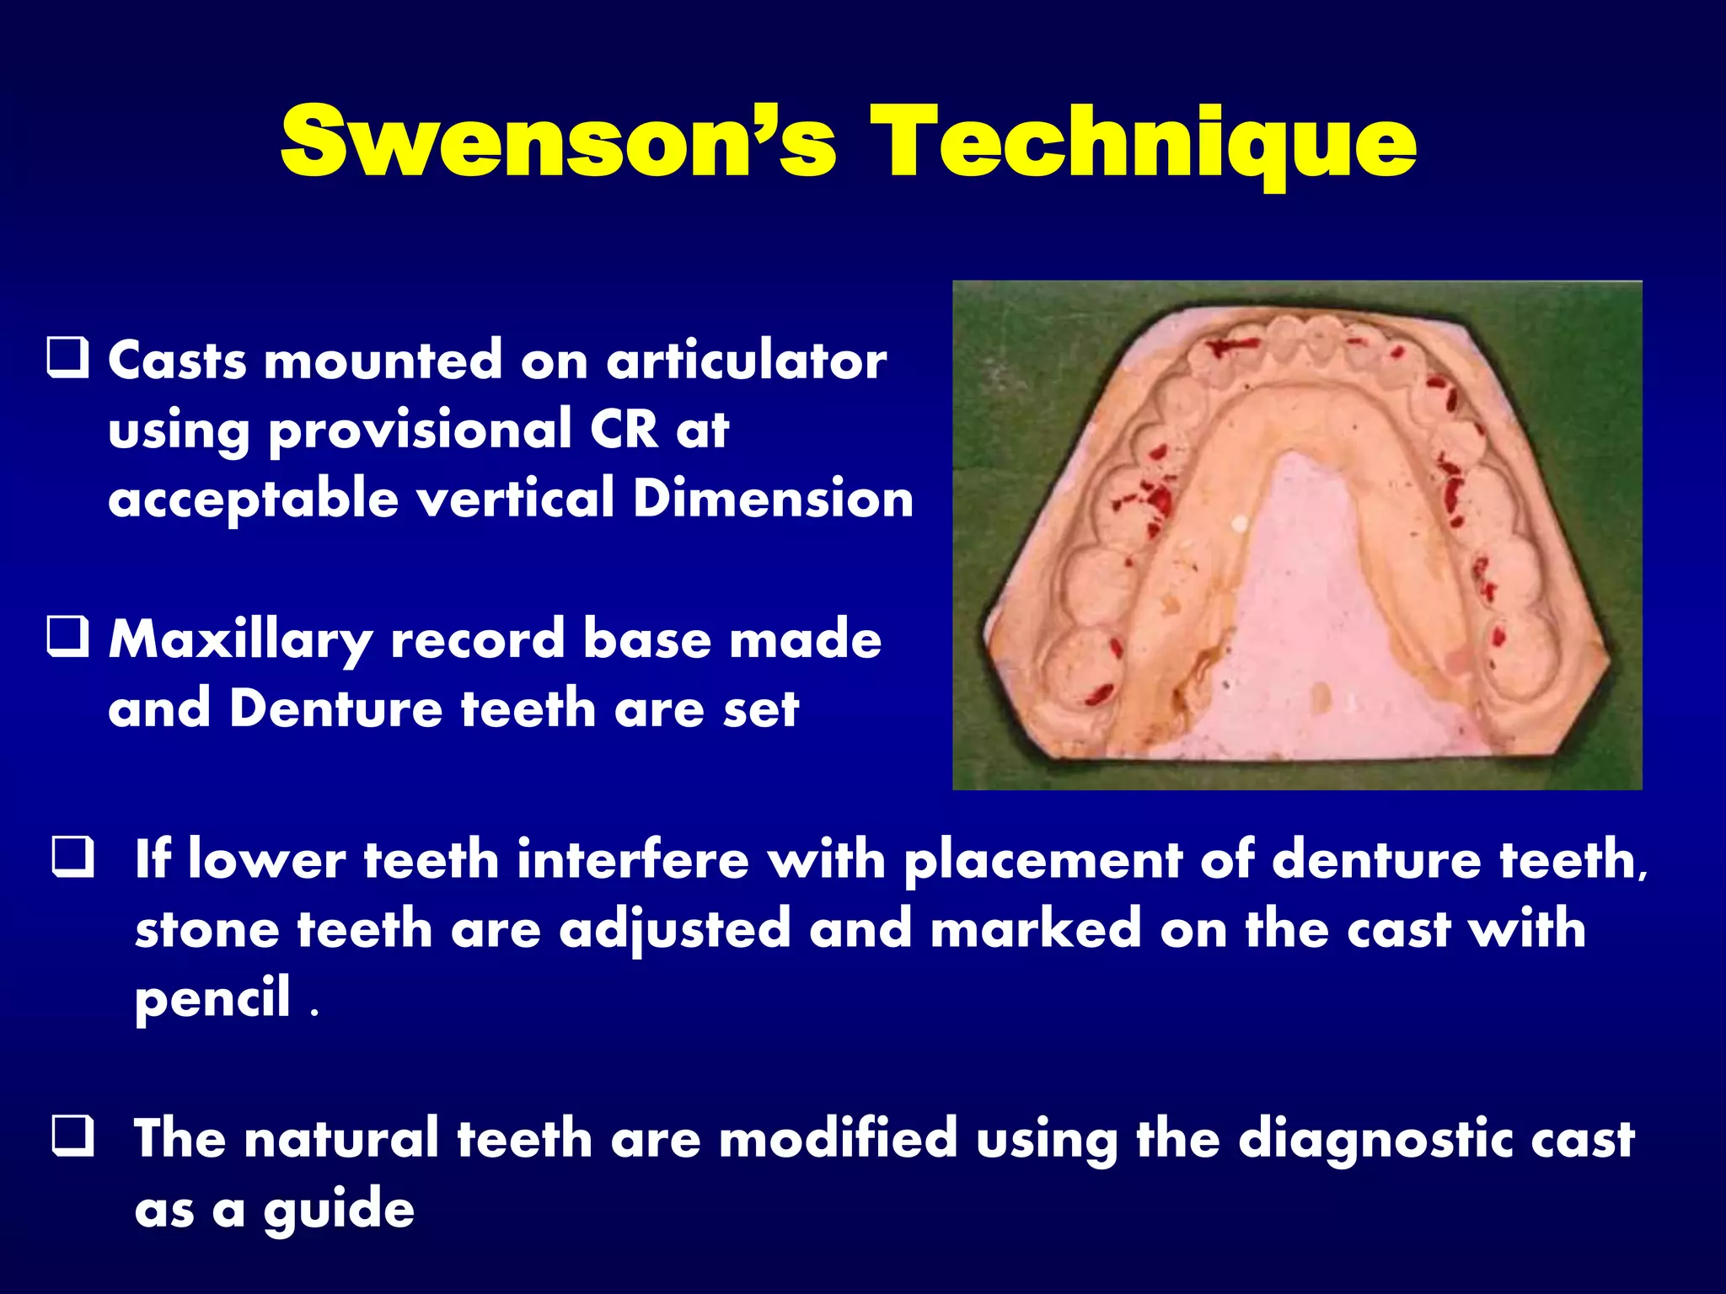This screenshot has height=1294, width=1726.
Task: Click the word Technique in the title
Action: (1143, 143)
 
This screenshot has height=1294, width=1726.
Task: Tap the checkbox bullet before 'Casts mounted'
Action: (67, 358)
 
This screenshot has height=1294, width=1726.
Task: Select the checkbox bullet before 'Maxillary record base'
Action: (67, 637)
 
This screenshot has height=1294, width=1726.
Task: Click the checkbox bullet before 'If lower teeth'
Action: (72, 858)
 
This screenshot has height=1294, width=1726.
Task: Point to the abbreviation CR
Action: (623, 430)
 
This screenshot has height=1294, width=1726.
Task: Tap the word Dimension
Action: (773, 499)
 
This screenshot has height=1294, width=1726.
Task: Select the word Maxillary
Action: (241, 640)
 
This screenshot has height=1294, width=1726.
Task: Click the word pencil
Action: (212, 998)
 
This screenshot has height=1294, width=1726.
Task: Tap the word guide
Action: (339, 1210)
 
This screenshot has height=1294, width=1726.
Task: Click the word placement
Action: (1043, 861)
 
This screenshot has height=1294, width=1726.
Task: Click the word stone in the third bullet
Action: (206, 929)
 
